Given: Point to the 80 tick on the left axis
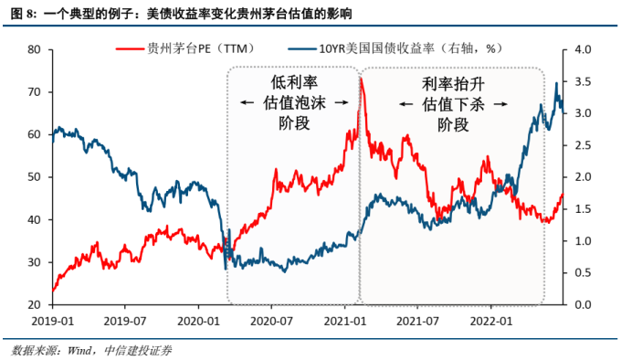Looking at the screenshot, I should pos(33,49).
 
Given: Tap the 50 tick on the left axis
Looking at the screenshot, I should pos(33,177).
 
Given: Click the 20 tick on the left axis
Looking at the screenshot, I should pos(33,304).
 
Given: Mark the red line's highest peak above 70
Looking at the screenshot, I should pos(361,79).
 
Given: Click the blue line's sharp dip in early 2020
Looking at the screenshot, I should pos(226,268).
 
